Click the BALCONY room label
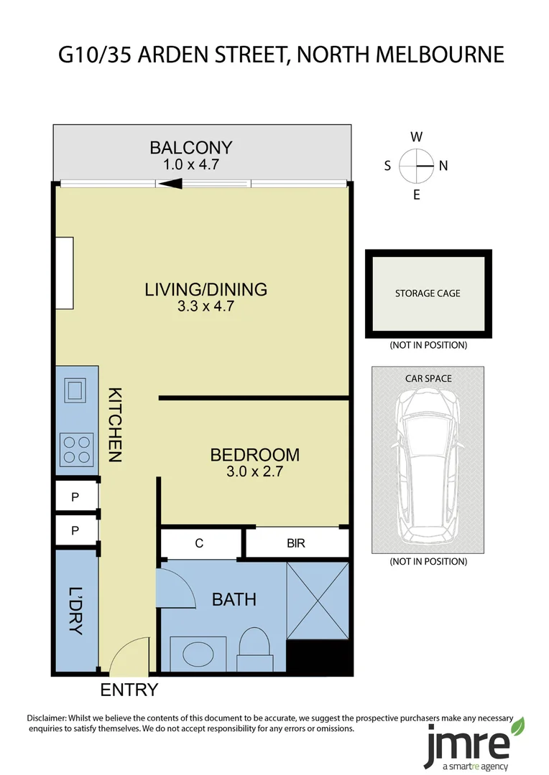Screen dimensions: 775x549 190,148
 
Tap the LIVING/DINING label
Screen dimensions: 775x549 206,290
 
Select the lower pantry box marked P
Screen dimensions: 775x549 75,531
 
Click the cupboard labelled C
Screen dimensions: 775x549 199,543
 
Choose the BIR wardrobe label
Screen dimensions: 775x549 295,543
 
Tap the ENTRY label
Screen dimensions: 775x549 129,690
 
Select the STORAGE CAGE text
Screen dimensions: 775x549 428,293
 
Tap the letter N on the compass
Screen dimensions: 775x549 443,166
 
